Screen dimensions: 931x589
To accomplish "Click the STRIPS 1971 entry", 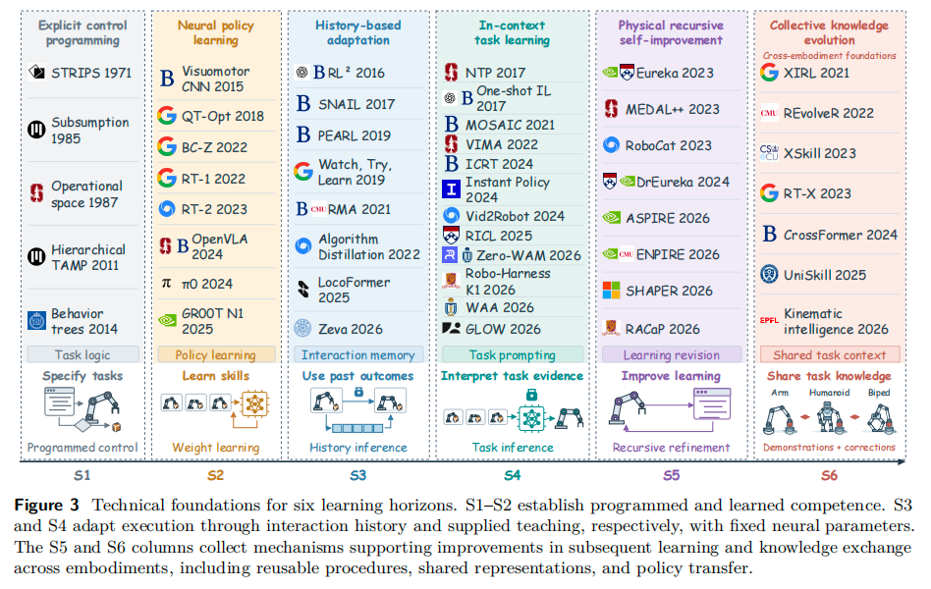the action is [91, 73].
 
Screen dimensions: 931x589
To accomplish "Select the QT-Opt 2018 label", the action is [223, 117].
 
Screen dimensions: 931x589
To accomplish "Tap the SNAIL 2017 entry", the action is [356, 104].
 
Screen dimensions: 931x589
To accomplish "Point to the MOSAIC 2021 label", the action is [510, 125].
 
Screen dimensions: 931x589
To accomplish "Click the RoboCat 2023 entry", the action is [668, 145].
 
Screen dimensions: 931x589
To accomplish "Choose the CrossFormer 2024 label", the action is [840, 236].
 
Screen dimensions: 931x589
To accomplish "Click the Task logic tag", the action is [83, 355].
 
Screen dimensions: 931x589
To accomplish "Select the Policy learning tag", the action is [216, 355].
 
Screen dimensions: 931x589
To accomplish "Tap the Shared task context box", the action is [830, 355].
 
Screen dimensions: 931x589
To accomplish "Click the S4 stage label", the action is [513, 475].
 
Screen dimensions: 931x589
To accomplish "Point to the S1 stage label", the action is [82, 475].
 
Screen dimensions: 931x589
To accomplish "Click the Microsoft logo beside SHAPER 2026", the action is [611, 291].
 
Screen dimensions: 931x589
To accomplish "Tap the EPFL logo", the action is [769, 321].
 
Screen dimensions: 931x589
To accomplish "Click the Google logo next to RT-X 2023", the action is [770, 193].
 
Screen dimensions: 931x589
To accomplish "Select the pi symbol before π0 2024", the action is [167, 284].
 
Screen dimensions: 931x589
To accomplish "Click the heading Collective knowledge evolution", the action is [830, 32].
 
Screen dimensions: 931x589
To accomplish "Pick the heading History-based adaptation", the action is [358, 32].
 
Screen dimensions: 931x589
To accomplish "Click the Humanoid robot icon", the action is [829, 417].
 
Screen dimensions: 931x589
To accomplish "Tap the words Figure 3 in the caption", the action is [47, 506].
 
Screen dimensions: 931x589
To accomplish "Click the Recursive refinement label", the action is [671, 448].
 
